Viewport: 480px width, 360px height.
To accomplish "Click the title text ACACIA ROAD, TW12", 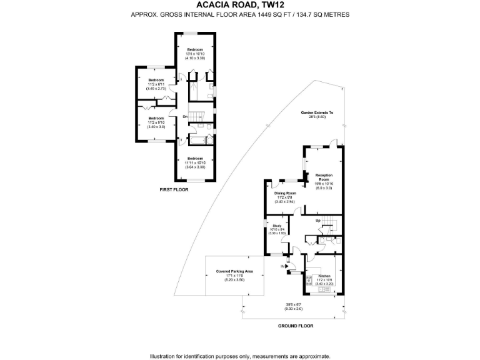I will [x=240, y=4].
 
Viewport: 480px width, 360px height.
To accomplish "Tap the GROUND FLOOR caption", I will [x=296, y=326].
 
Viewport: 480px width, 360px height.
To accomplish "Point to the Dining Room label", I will [x=285, y=193].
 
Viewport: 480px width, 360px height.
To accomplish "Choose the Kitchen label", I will [x=324, y=276].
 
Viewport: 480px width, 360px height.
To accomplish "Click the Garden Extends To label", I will [x=317, y=112].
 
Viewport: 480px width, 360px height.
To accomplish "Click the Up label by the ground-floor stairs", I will [x=317, y=221].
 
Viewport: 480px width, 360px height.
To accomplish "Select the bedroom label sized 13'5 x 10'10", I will [x=195, y=49].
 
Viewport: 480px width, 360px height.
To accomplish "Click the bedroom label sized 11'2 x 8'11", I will [x=156, y=80].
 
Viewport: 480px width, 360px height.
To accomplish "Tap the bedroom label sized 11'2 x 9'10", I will [x=156, y=118].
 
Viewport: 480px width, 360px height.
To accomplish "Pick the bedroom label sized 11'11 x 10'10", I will [x=195, y=159].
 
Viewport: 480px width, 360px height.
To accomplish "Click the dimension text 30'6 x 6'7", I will [x=293, y=305].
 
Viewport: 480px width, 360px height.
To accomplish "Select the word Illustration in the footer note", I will [x=164, y=356].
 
